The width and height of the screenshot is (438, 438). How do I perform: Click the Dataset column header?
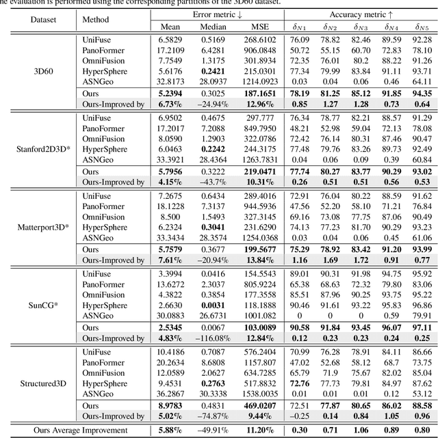pyautogui.click(x=44, y=19)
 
